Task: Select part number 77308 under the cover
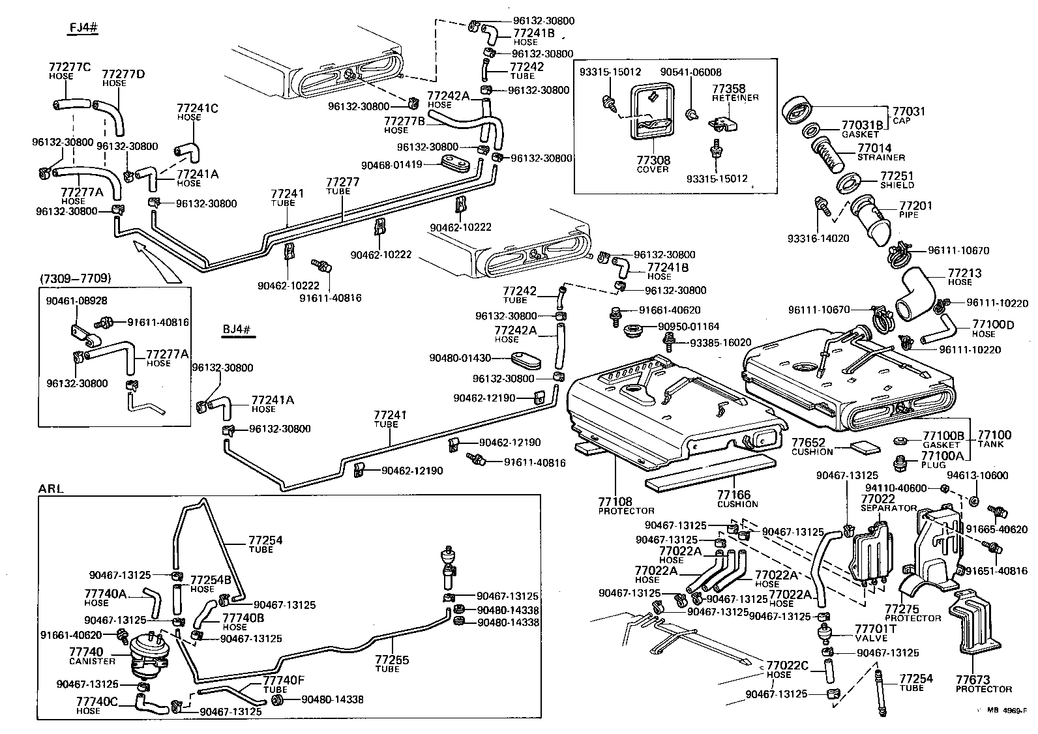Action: point(653,160)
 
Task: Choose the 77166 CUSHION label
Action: point(737,499)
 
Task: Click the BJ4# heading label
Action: point(237,329)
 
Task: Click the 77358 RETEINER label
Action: point(734,92)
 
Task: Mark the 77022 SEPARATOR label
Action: point(887,502)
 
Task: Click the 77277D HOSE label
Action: point(123,78)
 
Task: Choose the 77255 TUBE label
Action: point(392,664)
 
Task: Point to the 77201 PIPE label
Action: point(916,209)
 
